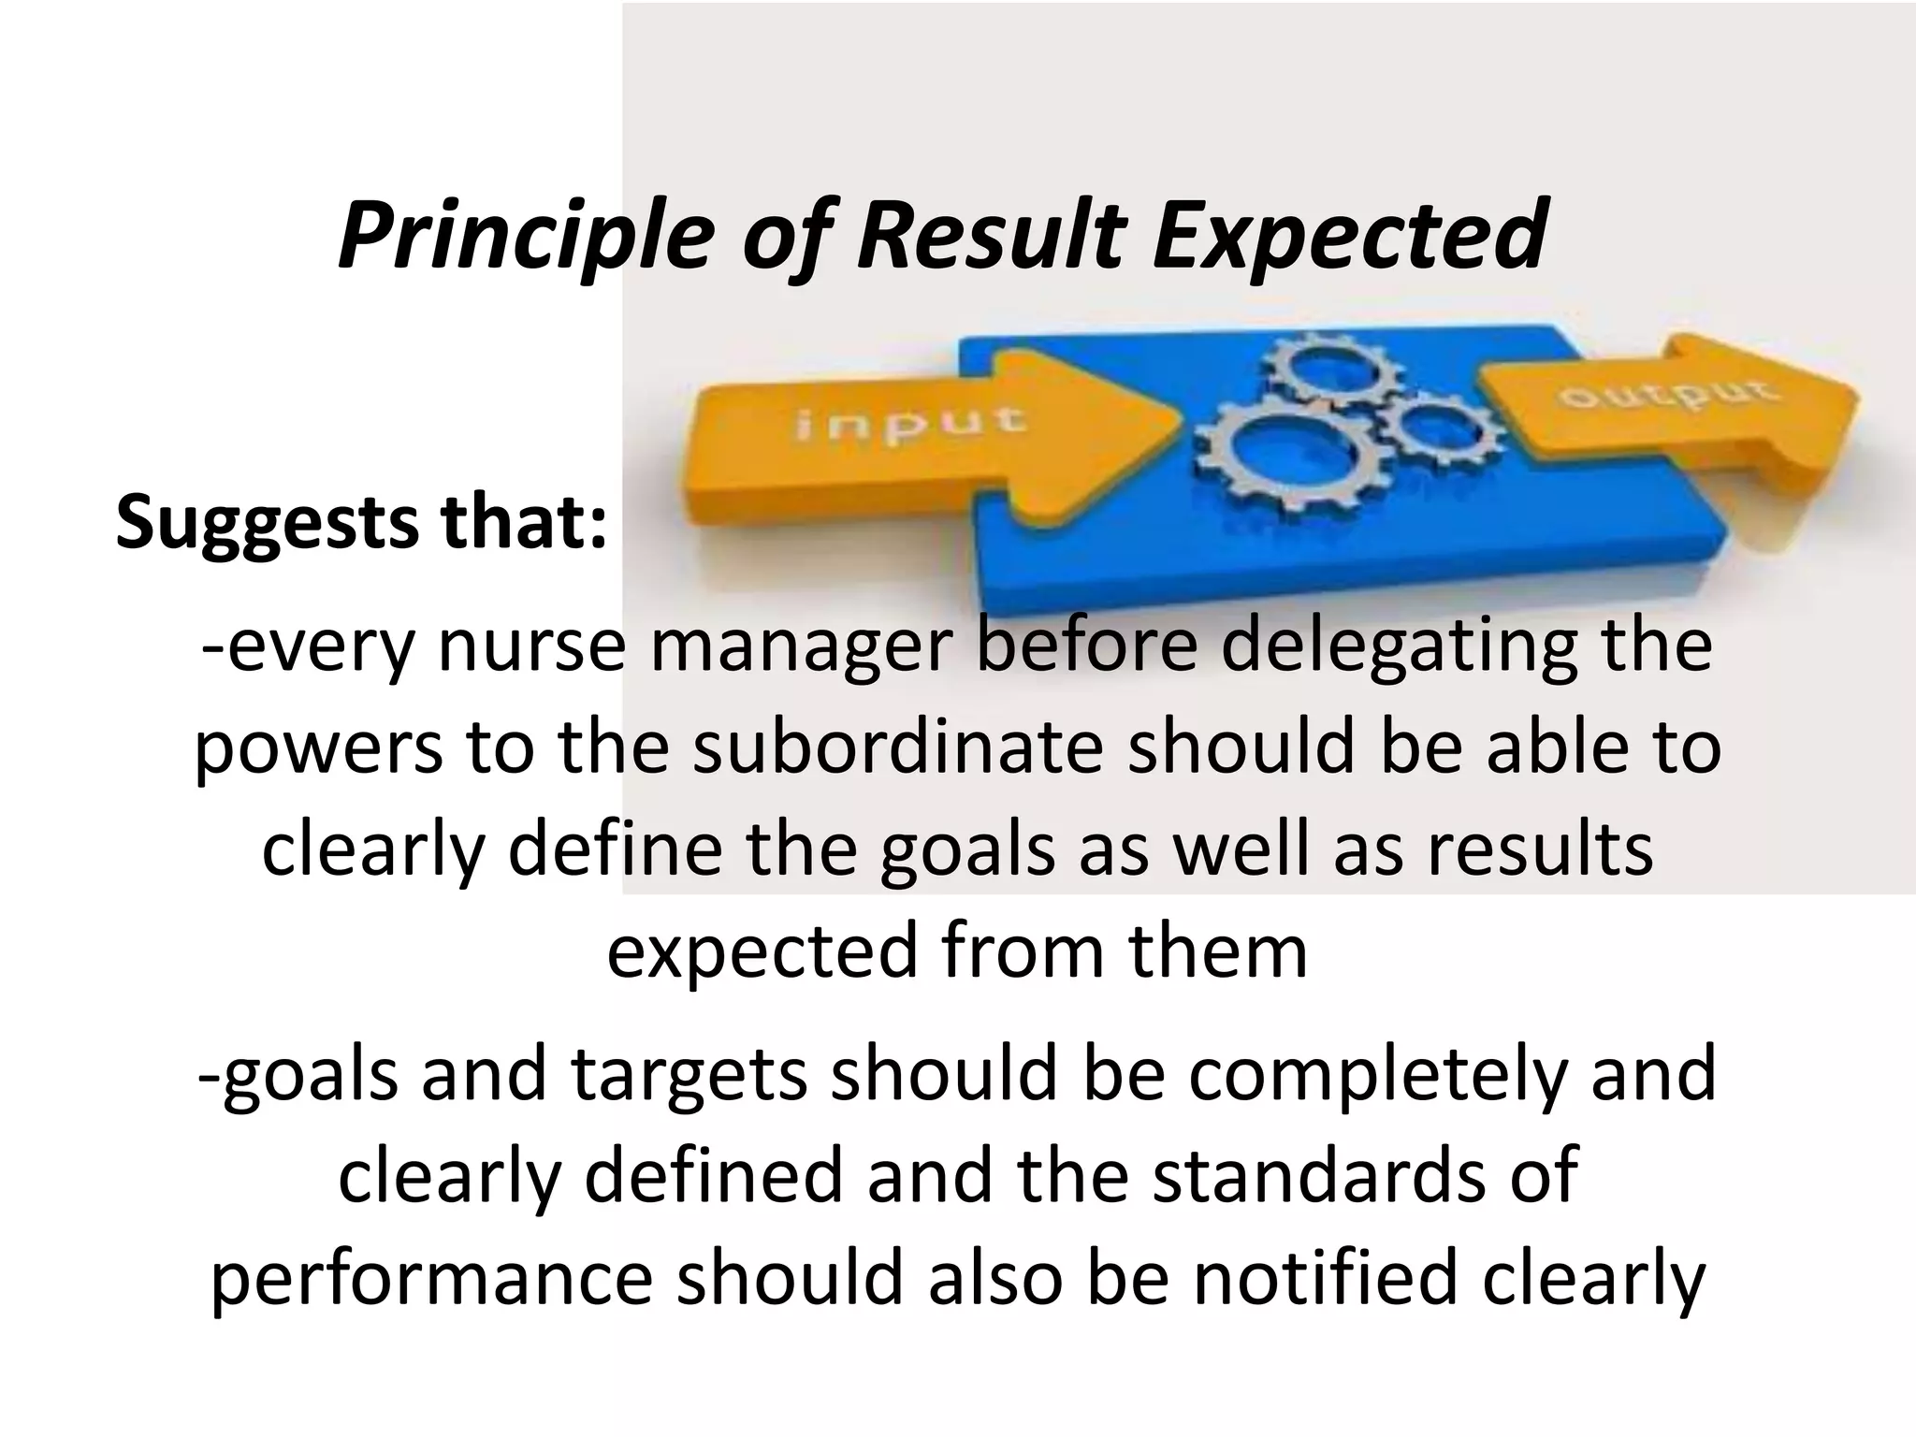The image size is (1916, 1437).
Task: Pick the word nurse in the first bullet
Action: (x=530, y=647)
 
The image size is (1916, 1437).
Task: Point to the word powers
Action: (x=318, y=752)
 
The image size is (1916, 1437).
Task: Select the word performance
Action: (x=431, y=1280)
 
